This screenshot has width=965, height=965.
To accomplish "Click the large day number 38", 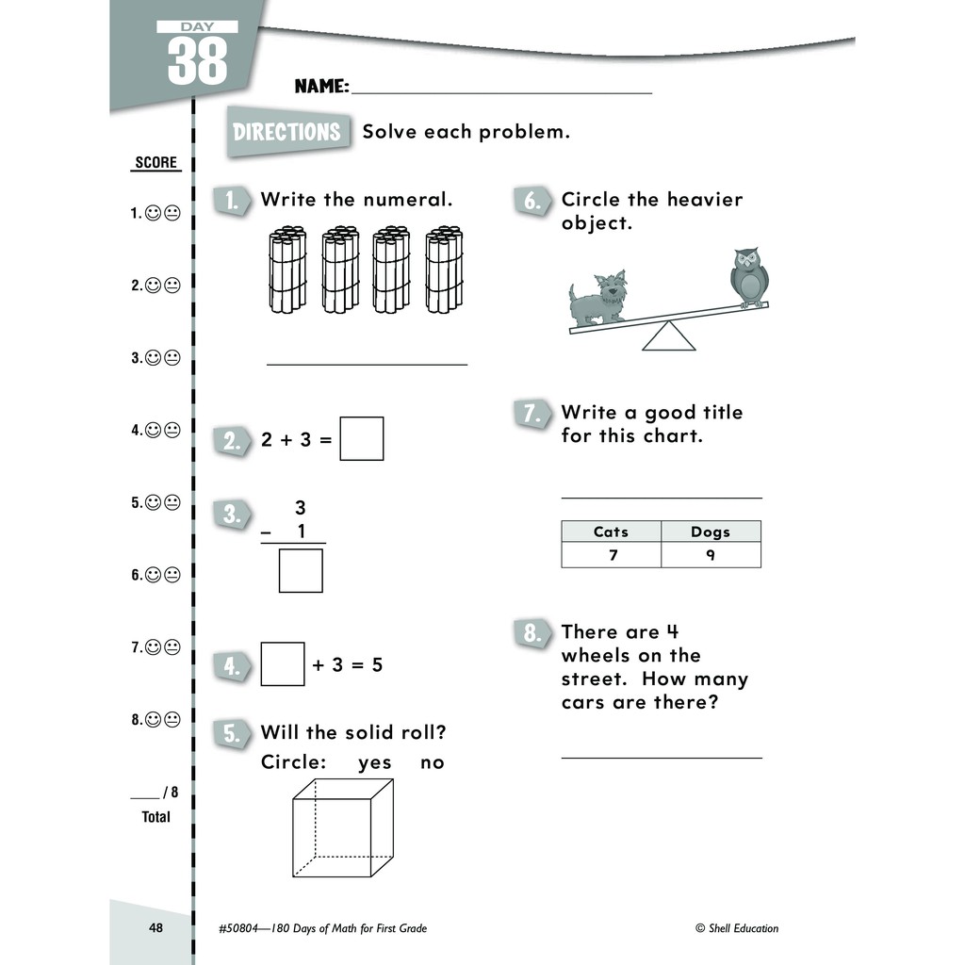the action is tap(198, 60).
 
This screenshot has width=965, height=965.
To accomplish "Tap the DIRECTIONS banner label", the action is tap(286, 132).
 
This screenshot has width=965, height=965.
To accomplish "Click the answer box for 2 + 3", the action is tap(361, 438).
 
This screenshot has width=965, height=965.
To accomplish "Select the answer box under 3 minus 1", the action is tap(301, 570).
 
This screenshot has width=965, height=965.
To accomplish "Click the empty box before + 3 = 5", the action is tap(283, 664).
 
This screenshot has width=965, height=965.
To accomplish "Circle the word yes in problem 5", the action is tap(375, 762).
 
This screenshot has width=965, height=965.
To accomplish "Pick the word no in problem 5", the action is tap(432, 762).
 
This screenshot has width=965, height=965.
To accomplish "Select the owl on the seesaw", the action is tap(749, 276).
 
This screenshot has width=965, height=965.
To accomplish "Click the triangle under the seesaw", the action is tap(669, 336).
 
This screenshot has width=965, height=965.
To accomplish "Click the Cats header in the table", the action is tap(611, 532).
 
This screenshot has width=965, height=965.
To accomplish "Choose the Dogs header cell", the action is tap(711, 532).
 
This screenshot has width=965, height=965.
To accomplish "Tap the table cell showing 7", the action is tap(612, 555).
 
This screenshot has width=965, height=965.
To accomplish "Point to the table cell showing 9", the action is tap(711, 555).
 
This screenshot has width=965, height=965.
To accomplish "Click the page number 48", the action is tap(156, 928).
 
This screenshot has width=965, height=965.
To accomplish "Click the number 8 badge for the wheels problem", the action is tap(532, 633).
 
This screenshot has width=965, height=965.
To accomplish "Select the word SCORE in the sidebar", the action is tap(156, 163).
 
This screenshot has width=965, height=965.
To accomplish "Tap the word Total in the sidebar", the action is tap(156, 817).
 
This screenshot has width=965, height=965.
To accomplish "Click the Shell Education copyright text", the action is tap(737, 928).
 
